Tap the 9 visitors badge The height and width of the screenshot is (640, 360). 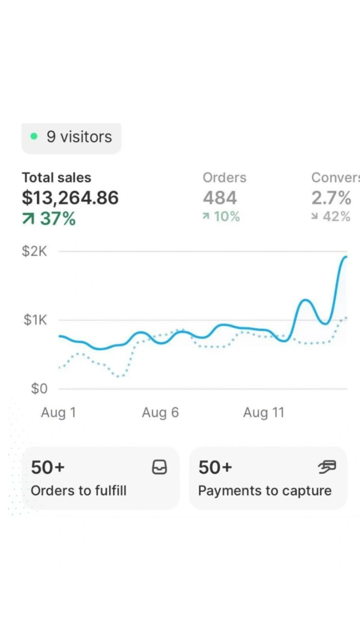[71, 137]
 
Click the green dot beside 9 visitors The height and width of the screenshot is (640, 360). [34, 137]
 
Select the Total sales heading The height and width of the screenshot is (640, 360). [57, 178]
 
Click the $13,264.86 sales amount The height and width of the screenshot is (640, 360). [70, 198]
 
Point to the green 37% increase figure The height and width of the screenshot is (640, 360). [49, 219]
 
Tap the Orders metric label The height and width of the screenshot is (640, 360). [224, 178]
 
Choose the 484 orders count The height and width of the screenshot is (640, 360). [220, 198]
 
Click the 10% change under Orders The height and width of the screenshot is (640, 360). [222, 217]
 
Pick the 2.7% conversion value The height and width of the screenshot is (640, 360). [331, 198]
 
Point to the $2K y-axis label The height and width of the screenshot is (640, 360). [34, 252]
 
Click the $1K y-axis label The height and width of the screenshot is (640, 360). [35, 321]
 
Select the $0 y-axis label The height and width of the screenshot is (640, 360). [39, 389]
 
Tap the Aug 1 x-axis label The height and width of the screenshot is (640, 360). [59, 413]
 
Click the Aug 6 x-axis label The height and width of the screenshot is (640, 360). [160, 413]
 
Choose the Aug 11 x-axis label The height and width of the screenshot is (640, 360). [263, 413]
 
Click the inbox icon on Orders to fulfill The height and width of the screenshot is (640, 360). [160, 467]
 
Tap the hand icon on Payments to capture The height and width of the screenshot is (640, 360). [327, 467]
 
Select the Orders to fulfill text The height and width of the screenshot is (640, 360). [79, 491]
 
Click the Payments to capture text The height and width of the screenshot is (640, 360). [265, 491]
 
